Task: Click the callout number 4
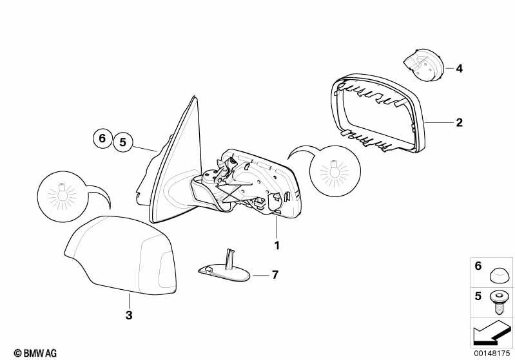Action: click(459, 69)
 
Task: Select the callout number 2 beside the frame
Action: click(459, 122)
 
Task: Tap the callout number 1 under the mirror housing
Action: click(277, 245)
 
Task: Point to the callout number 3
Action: click(129, 315)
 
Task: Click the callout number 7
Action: click(275, 274)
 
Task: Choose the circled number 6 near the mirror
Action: click(102, 138)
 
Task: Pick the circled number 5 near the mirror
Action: click(123, 142)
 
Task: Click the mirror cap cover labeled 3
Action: click(122, 255)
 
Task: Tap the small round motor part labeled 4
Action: click(425, 65)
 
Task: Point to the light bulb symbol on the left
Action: click(63, 196)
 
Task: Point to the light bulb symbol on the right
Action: click(335, 171)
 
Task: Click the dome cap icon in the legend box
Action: click(499, 274)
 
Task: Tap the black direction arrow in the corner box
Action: click(492, 333)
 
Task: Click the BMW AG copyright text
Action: click(35, 353)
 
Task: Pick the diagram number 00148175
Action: click(492, 353)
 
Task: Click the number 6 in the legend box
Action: click(478, 266)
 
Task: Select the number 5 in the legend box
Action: click(478, 296)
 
